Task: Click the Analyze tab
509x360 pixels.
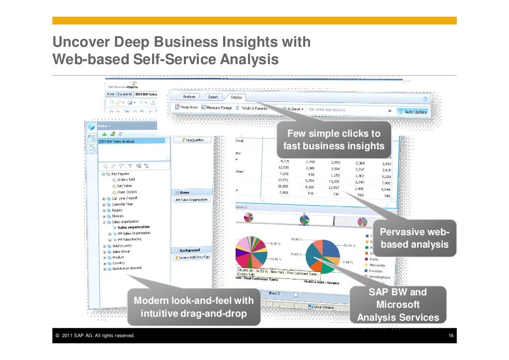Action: point(189,96)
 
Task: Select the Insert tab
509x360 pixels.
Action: point(213,97)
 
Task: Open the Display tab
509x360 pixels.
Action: point(237,97)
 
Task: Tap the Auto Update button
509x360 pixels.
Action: point(413,112)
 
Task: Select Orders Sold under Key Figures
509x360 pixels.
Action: point(126,180)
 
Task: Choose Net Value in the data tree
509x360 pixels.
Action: point(125,185)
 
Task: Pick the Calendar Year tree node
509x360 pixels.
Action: point(122,204)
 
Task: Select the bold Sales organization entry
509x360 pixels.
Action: point(133,227)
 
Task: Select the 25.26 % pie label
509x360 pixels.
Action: point(350,246)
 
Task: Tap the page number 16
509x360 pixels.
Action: point(451,337)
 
